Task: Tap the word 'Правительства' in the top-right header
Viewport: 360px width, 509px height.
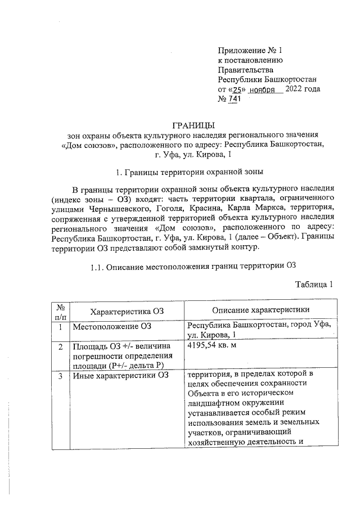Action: (x=245, y=70)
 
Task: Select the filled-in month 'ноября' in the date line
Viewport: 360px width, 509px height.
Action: (x=264, y=90)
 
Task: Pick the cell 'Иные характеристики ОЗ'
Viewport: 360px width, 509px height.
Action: (x=120, y=374)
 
